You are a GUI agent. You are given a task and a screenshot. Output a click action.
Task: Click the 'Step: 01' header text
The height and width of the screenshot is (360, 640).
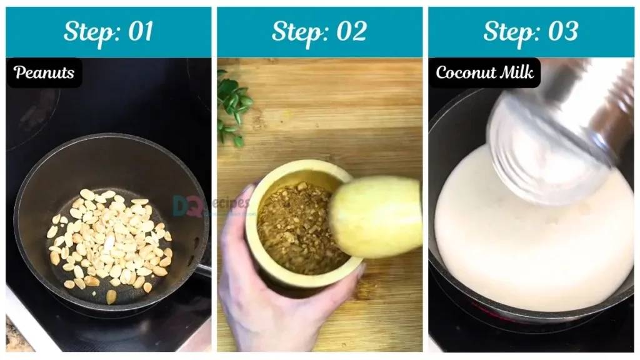click(109, 32)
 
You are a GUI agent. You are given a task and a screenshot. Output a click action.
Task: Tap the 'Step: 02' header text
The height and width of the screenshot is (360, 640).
click(319, 32)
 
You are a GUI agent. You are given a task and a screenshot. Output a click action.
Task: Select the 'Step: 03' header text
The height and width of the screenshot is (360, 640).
click(531, 32)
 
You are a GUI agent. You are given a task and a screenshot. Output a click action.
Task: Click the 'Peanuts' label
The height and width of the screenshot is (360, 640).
click(44, 72)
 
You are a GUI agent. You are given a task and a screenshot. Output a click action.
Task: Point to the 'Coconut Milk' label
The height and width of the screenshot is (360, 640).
click(484, 72)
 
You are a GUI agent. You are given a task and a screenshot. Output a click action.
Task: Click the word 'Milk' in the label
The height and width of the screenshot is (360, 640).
click(517, 72)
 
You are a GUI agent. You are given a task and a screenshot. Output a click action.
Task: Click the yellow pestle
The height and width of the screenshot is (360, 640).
click(376, 216)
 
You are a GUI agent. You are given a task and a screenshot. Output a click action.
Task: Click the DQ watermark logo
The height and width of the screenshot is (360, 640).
click(187, 206)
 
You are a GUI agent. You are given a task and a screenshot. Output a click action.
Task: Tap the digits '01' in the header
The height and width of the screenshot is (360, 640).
click(141, 31)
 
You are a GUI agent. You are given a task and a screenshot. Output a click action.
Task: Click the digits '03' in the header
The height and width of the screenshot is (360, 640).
click(563, 31)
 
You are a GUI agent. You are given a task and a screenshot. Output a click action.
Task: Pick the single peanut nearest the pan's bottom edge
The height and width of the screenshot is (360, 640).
click(111, 297)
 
